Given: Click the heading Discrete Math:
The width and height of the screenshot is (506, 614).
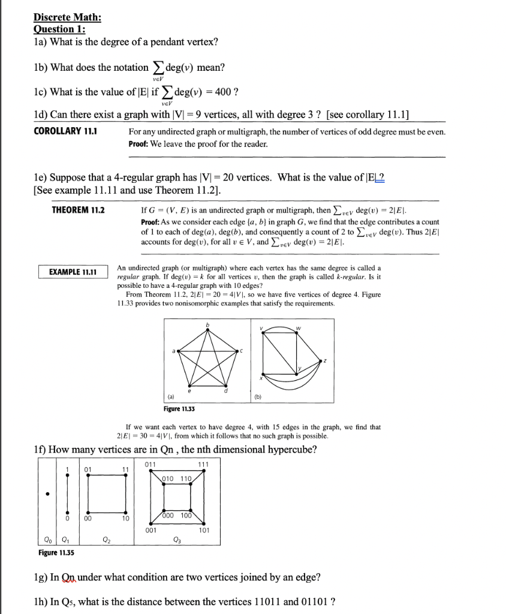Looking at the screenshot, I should (x=67, y=17).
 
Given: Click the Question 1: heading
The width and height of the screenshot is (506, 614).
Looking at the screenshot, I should (x=59, y=29).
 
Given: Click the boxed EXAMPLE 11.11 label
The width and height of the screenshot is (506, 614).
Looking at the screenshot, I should (x=73, y=272).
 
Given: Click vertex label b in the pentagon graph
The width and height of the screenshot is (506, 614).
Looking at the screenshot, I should (x=209, y=324).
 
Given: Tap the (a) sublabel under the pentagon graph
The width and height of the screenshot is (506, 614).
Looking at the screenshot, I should (x=171, y=396).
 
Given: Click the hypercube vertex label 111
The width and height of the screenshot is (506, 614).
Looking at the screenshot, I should (x=203, y=464).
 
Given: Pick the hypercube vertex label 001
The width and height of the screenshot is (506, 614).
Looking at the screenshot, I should (x=151, y=530).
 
